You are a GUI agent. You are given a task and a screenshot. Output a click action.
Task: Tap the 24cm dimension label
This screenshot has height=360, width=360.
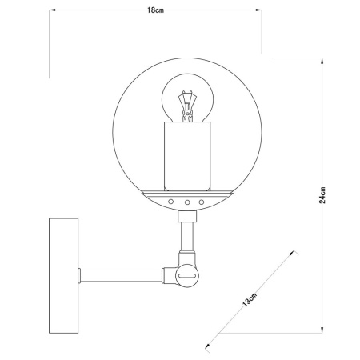tap(322, 194)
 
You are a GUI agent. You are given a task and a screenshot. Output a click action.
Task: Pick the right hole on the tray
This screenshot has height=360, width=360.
tap(202, 202)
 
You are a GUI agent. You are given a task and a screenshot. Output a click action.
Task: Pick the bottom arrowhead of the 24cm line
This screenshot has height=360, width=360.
tap(323, 329)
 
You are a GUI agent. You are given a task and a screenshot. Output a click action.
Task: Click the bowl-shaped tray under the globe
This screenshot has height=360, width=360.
tap(187, 194)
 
